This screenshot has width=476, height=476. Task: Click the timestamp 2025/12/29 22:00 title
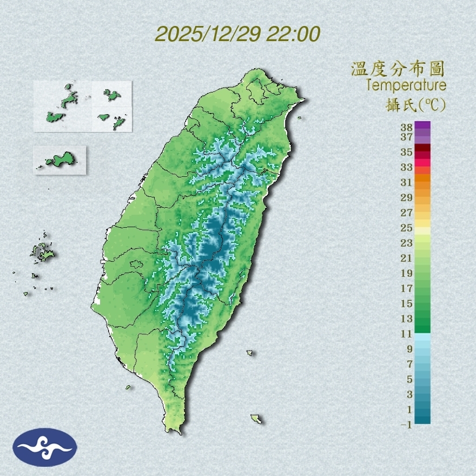[x=237, y=34]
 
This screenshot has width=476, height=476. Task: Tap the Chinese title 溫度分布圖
[x=398, y=69]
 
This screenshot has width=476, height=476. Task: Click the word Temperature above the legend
[x=406, y=85]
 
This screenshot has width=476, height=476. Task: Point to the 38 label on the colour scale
[x=407, y=128]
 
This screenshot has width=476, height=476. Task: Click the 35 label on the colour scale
[x=407, y=152]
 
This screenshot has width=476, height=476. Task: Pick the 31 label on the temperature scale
[x=407, y=182]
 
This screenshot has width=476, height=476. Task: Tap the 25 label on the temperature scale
[x=407, y=227]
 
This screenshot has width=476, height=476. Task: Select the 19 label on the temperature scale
[x=407, y=273]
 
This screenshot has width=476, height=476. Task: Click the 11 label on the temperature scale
[x=407, y=334]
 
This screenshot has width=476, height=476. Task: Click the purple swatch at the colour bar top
[x=422, y=125]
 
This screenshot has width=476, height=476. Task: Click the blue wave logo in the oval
[x=45, y=447]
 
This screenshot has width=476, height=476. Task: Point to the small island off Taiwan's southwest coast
[x=129, y=387]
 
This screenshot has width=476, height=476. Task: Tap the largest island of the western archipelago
[x=43, y=252]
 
